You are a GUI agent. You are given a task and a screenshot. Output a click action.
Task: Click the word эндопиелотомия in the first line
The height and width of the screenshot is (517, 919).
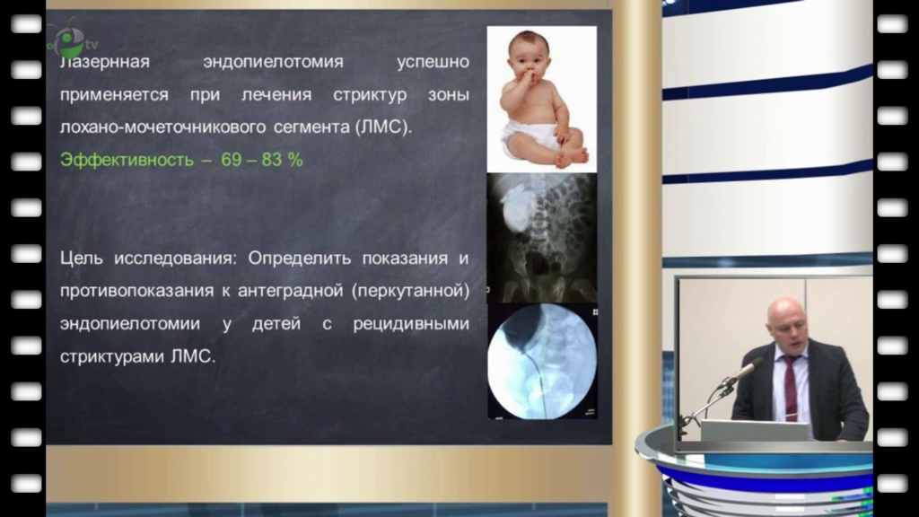pyautogui.click(x=273, y=62)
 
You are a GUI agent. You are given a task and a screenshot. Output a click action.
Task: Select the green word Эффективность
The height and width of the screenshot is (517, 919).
pyautogui.click(x=127, y=160)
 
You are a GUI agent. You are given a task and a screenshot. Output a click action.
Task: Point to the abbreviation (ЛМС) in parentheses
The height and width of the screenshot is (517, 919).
pyautogui.click(x=382, y=127)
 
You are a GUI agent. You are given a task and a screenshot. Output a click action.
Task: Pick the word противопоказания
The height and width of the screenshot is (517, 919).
pyautogui.click(x=136, y=292)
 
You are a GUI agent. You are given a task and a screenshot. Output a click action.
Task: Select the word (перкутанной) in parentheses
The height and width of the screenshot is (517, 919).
pyautogui.click(x=411, y=291)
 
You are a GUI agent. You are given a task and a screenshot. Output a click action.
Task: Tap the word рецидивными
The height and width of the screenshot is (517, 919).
pyautogui.click(x=411, y=324)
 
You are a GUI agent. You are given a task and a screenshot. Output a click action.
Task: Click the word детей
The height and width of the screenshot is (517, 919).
pyautogui.click(x=276, y=324)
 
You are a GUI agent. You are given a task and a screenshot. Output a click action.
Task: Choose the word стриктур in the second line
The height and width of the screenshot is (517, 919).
pyautogui.click(x=370, y=95)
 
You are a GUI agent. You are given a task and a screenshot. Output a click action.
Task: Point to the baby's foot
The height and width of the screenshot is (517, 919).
pyautogui.click(x=572, y=156)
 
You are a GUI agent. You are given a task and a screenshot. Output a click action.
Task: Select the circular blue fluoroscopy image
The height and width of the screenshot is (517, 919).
pyautogui.click(x=542, y=361)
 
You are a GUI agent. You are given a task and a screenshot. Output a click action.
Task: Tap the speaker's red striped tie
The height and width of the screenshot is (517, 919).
pyautogui.click(x=790, y=387)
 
